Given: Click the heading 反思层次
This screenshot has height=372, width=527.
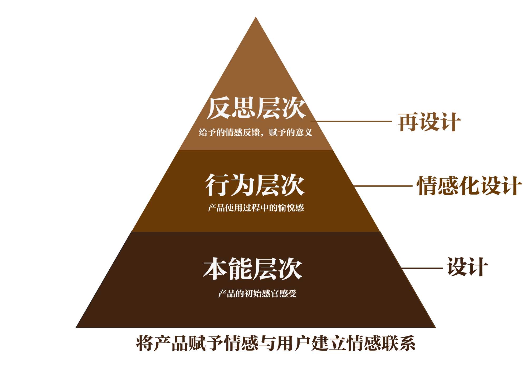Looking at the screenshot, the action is pos(256,108).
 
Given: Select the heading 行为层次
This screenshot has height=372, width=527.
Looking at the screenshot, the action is pos(255,185).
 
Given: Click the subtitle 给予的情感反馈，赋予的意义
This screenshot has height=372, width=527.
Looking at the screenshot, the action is pos(256,132).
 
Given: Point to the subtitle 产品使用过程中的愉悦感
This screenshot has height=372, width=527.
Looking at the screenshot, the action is pos(256,208).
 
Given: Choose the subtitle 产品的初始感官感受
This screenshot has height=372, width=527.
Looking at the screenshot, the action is pos(257,293).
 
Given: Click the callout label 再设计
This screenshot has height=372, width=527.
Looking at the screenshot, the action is pos(429,122).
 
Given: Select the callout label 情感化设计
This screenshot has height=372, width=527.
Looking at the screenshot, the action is pos(469,186).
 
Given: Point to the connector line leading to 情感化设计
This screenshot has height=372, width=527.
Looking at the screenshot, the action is pos(383,186).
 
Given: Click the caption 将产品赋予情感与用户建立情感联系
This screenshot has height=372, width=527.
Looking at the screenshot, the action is pos(276,343).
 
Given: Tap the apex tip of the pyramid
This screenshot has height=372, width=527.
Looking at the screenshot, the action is pos(256,18).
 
